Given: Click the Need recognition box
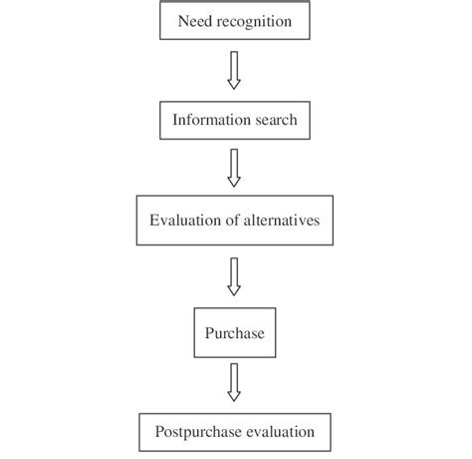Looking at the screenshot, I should (x=235, y=21).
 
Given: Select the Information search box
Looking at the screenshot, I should (x=235, y=121).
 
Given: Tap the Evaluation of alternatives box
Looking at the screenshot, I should (x=235, y=222).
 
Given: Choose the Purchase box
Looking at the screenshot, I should (x=235, y=333).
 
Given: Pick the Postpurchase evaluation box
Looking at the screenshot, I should (x=235, y=432).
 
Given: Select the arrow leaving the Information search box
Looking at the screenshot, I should (x=235, y=167).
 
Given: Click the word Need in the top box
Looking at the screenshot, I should (x=193, y=21).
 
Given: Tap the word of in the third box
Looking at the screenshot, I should (x=230, y=222).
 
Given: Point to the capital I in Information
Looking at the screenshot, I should (x=174, y=121).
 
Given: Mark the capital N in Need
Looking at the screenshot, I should (x=181, y=21).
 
